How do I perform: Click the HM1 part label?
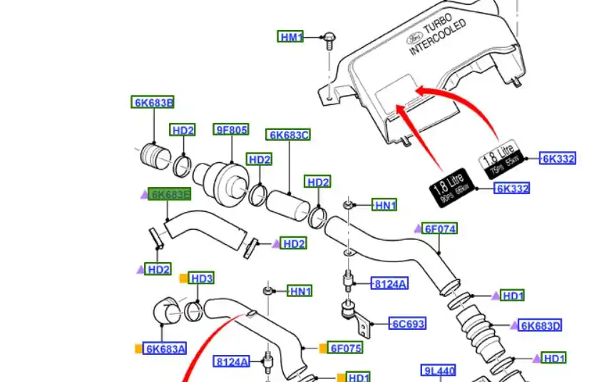point(291,36)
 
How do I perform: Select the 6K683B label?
point(153,102)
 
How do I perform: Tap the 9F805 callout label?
point(232,129)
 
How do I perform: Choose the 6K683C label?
point(289,134)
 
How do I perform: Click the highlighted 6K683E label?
point(170,194)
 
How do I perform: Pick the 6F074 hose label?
point(440,228)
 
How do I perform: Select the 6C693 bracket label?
point(408,323)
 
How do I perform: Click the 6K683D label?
point(541,326)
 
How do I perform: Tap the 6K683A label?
point(165,348)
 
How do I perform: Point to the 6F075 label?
point(345,348)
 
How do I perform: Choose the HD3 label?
point(202,278)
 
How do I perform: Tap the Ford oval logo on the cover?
point(416,38)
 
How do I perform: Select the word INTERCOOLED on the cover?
point(438,38)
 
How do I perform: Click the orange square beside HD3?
point(183,278)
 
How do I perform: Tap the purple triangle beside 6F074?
point(418,228)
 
